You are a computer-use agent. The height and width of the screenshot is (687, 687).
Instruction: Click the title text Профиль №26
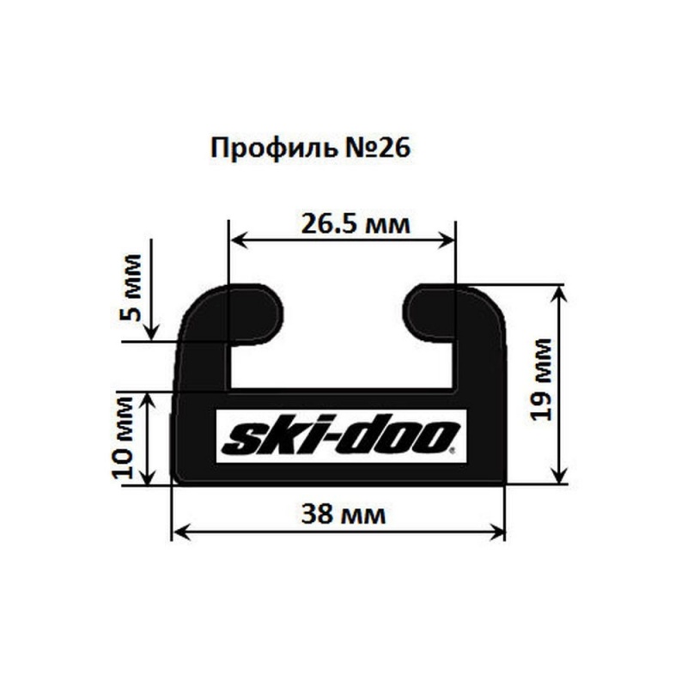tap(310, 149)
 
